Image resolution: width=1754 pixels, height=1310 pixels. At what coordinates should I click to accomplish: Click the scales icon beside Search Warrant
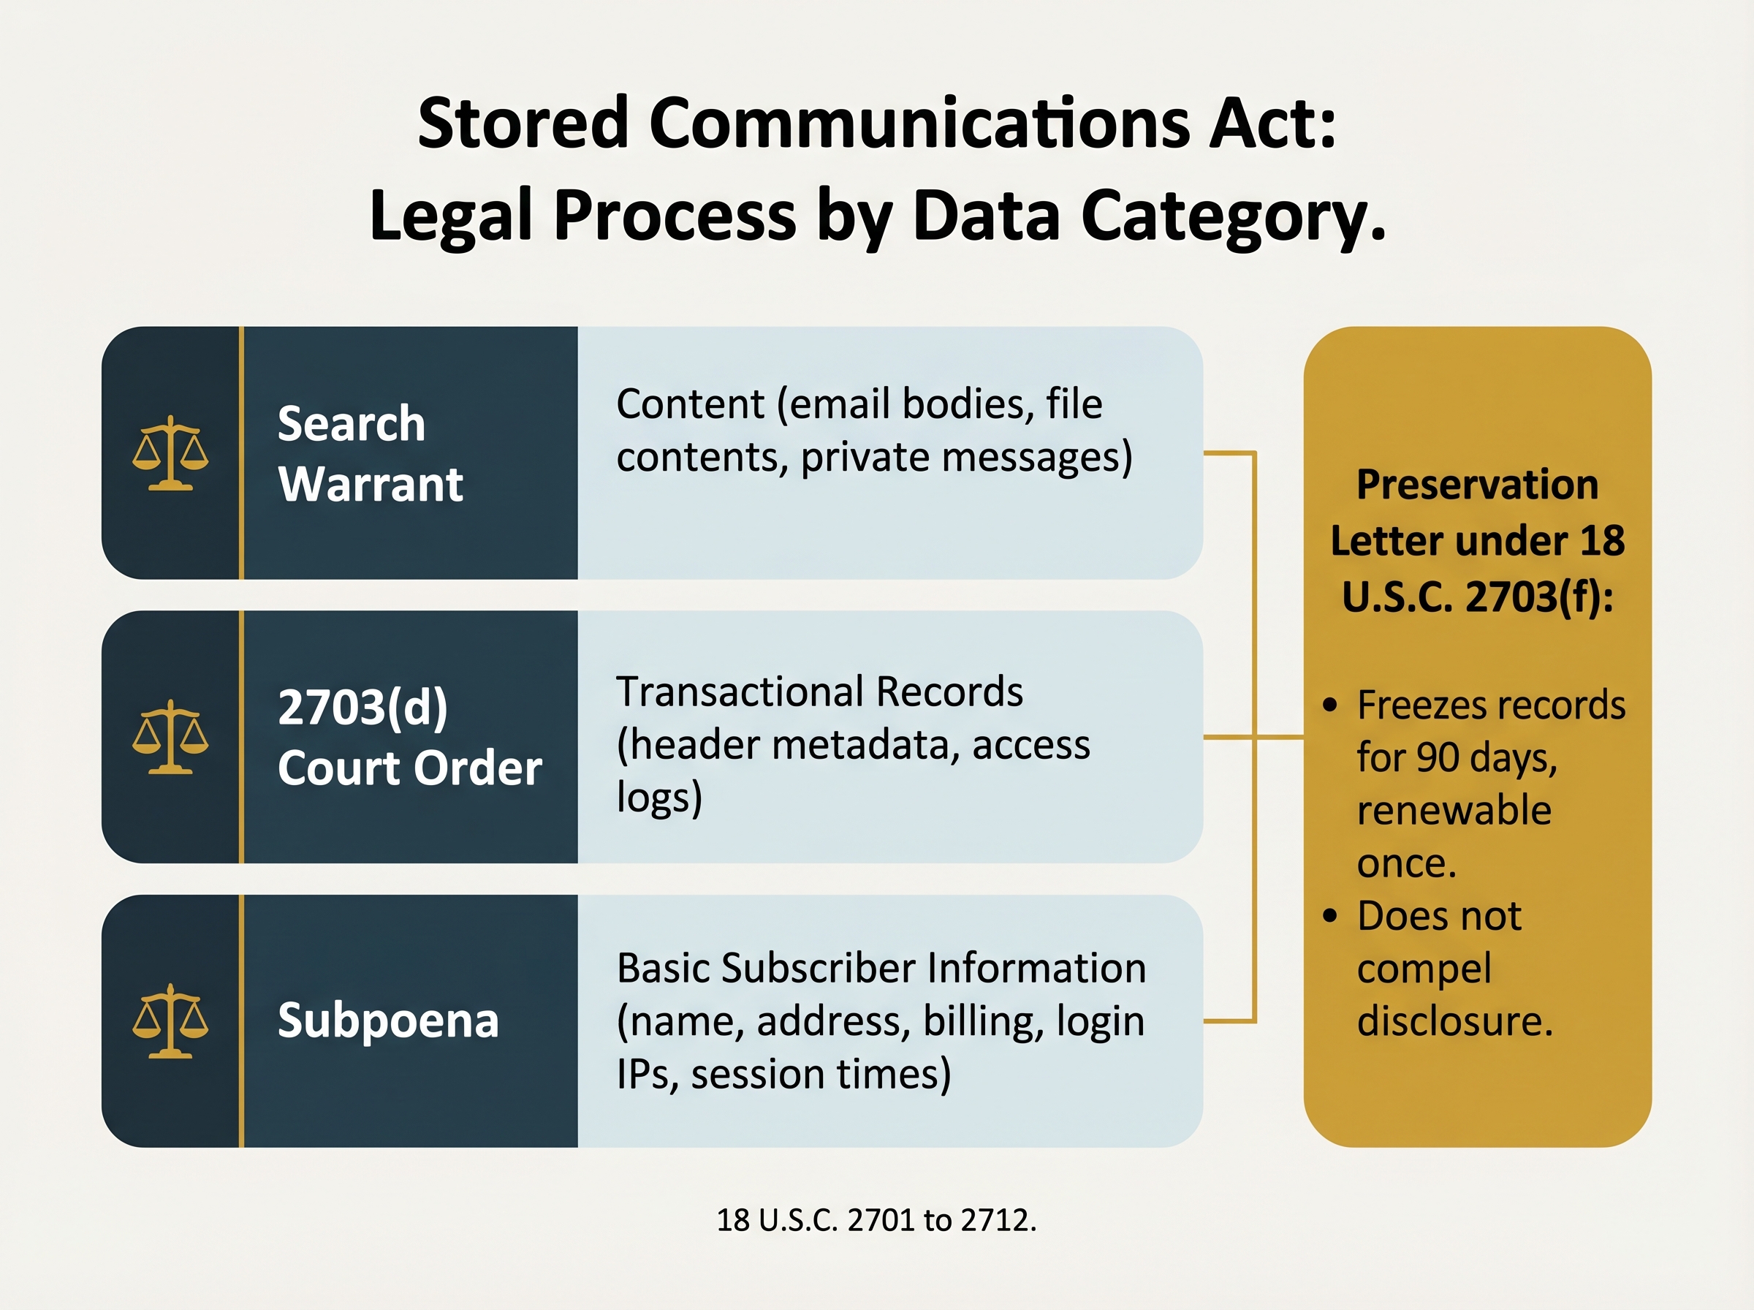coord(170,453)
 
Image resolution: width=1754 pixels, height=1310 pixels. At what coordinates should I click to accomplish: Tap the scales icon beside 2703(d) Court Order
coord(170,737)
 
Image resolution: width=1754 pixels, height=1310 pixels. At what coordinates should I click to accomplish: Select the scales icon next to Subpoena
coord(170,1021)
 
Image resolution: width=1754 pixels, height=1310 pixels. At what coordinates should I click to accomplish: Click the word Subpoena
coord(387,1021)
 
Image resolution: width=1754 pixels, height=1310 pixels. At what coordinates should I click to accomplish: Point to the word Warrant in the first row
coord(370,485)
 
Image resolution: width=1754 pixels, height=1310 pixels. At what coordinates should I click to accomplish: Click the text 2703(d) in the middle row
coord(363,707)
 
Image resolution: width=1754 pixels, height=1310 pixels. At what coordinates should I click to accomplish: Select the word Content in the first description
coord(690,404)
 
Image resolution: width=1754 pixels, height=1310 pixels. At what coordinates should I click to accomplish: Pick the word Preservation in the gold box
coord(1478,485)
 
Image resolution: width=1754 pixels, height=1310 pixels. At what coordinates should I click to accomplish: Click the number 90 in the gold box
coord(1438,758)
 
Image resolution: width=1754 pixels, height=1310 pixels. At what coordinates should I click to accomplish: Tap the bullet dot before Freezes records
coord(1330,704)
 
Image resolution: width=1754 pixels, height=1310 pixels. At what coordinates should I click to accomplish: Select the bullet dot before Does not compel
coord(1330,916)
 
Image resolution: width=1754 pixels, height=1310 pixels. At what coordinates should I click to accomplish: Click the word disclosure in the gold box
coord(1454,1021)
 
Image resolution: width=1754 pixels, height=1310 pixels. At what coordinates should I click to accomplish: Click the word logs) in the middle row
coord(659,798)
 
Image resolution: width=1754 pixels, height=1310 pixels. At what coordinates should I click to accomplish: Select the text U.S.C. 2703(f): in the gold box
coord(1478,597)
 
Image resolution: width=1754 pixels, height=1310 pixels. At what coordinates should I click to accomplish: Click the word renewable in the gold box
coord(1454,811)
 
